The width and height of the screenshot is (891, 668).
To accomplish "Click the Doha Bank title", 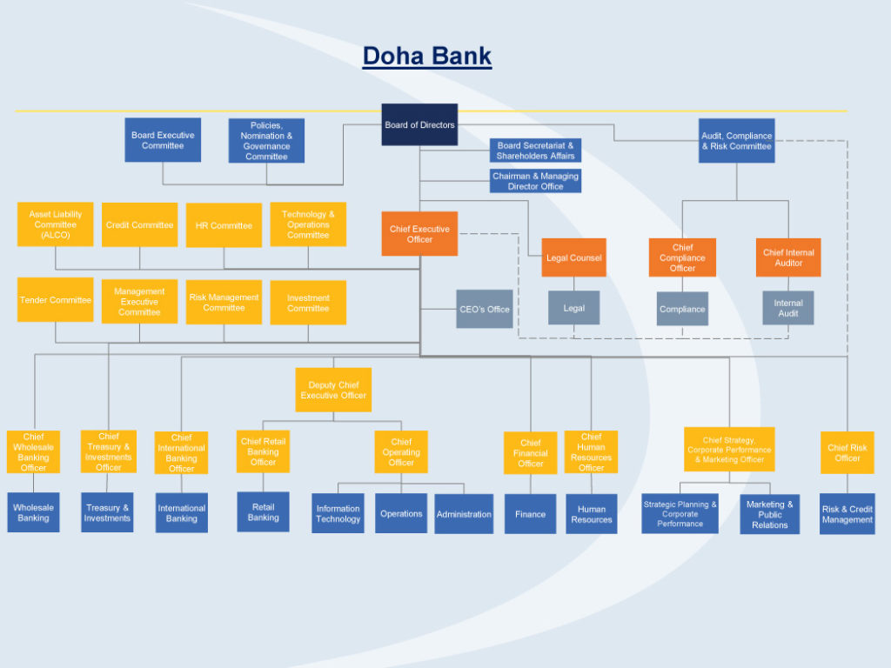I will pyautogui.click(x=426, y=57).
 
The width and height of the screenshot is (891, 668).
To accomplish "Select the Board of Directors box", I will pyautogui.click(x=419, y=125).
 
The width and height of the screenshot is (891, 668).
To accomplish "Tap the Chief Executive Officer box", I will pyautogui.click(x=419, y=234).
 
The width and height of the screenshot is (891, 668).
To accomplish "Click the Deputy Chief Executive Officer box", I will pyautogui.click(x=333, y=390).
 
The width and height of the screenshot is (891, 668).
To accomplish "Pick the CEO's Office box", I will pyautogui.click(x=485, y=309).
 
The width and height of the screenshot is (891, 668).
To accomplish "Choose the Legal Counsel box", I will pyautogui.click(x=573, y=257).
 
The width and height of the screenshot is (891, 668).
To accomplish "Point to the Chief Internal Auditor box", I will pyautogui.click(x=788, y=257).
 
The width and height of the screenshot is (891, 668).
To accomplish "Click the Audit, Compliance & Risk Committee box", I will pyautogui.click(x=736, y=141).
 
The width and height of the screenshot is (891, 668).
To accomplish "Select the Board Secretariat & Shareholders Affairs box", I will pyautogui.click(x=535, y=150).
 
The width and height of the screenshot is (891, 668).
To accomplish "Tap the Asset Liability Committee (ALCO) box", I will pyautogui.click(x=55, y=224).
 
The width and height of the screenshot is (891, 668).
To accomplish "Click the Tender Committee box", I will pyautogui.click(x=55, y=300).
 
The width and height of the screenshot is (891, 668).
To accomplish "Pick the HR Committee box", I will pyautogui.click(x=224, y=225).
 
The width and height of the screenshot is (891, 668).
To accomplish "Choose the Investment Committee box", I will pyautogui.click(x=308, y=303).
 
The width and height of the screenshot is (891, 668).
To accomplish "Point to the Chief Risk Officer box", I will pyautogui.click(x=847, y=452).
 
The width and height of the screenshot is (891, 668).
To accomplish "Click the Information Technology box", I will pyautogui.click(x=338, y=513).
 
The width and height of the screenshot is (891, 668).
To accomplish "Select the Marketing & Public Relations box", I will pyautogui.click(x=769, y=514).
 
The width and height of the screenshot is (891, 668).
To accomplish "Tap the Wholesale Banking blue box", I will pyautogui.click(x=33, y=512).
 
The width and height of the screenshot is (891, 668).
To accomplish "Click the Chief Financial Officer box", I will pyautogui.click(x=530, y=452).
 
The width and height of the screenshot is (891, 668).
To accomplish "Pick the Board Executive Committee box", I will pyautogui.click(x=163, y=140).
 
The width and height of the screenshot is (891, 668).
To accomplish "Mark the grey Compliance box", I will pyautogui.click(x=682, y=309).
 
